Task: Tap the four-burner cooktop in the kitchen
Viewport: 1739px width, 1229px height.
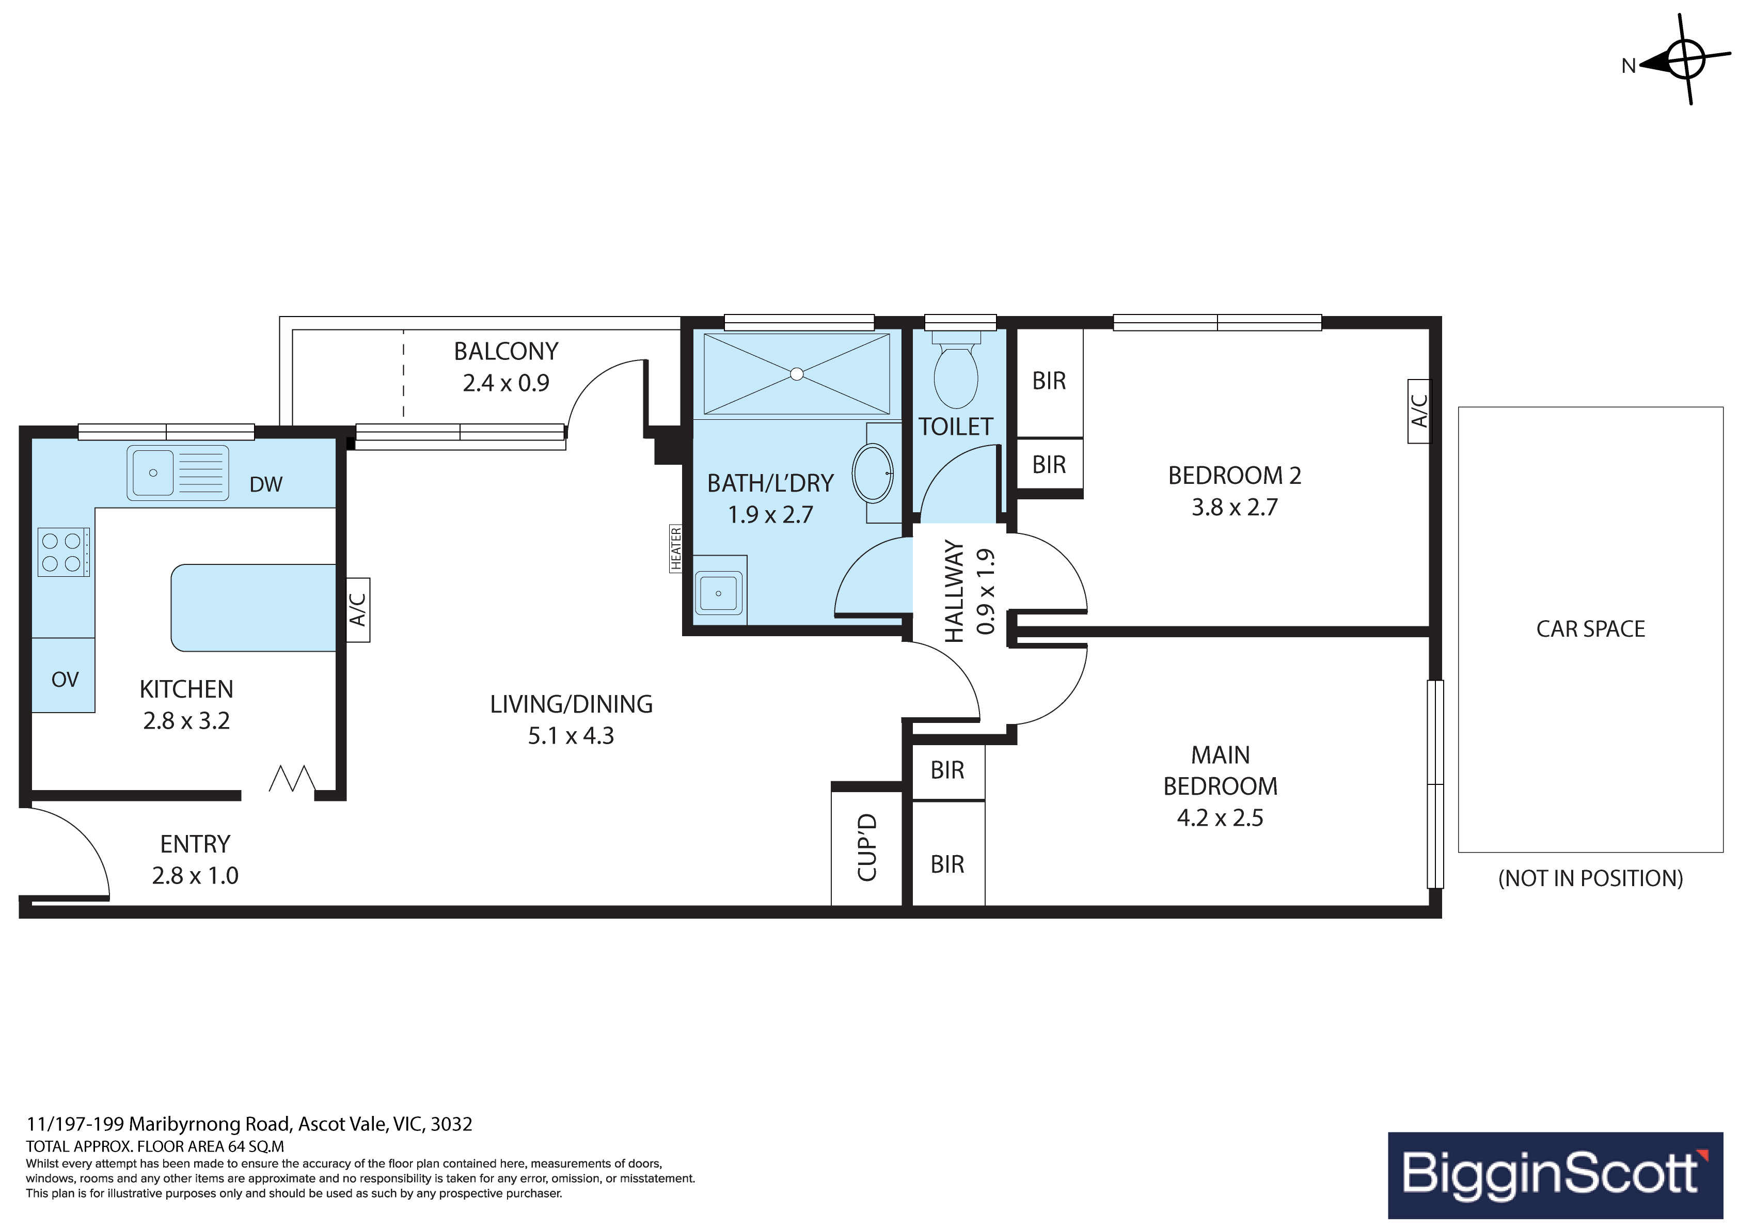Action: [64, 553]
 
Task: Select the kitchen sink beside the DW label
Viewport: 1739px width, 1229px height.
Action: [177, 473]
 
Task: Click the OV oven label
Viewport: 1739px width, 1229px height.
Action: [65, 680]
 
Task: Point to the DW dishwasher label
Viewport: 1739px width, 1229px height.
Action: [266, 485]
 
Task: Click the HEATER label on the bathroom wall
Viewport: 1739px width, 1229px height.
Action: [675, 548]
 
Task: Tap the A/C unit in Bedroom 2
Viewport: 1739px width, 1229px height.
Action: [1419, 412]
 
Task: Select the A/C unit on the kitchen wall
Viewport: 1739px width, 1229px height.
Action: [358, 610]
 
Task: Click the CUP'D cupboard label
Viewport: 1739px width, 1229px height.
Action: [867, 848]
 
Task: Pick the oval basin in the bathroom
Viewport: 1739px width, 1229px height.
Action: [873, 474]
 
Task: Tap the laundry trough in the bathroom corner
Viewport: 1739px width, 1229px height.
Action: [719, 591]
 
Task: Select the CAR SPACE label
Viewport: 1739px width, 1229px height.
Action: [1590, 629]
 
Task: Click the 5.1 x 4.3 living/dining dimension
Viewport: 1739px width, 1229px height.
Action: [571, 736]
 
